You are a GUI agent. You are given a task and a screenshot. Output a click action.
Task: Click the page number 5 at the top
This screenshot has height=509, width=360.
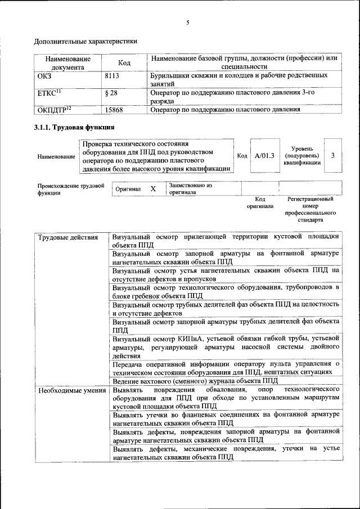(187, 22)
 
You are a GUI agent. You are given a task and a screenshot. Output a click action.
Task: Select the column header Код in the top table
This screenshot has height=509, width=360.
(124, 62)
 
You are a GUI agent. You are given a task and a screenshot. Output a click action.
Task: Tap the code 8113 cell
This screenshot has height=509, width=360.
(112, 75)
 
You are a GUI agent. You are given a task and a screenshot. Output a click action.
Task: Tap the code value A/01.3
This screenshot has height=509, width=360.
(264, 156)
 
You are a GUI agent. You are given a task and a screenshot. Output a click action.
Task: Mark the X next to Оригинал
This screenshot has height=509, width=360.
(152, 189)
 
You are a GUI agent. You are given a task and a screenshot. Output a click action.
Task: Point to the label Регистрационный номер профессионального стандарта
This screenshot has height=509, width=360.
(310, 209)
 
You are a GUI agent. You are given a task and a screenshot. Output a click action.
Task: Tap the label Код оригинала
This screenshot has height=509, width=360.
(260, 202)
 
